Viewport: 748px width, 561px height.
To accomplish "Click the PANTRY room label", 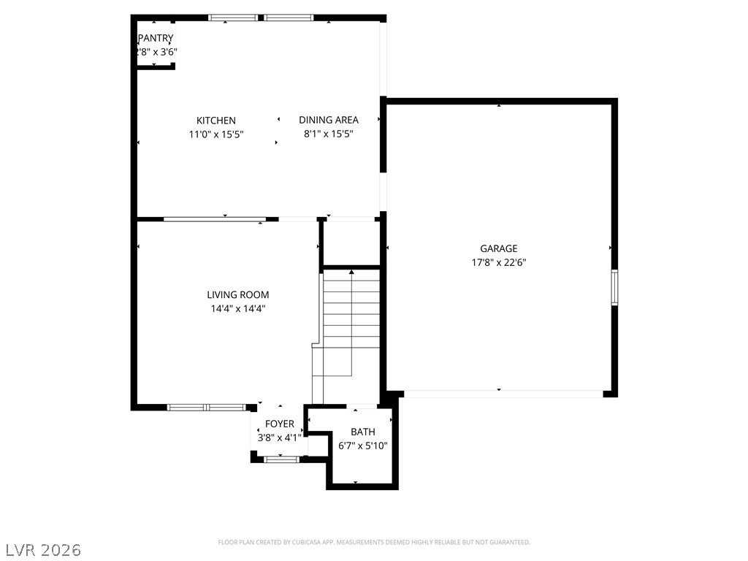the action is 156,38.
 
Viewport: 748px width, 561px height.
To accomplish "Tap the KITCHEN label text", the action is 216,121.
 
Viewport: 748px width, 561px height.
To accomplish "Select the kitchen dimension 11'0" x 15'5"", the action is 216,134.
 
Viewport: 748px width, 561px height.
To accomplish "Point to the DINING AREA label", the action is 329,121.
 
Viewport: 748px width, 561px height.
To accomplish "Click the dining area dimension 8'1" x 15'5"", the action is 329,134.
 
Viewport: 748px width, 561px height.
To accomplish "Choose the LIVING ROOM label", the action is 238,295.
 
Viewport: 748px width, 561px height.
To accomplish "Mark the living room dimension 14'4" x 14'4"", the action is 238,309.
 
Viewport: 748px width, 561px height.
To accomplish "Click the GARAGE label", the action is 498,248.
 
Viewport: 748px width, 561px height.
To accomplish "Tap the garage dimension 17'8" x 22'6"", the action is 498,262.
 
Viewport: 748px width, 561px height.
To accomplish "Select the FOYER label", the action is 280,424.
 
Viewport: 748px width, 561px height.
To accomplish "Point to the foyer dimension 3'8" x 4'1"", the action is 280,438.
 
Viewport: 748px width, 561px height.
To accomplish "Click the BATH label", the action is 362,432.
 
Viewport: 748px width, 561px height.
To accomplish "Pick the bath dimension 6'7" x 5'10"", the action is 362,446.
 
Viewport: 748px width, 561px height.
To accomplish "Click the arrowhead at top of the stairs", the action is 351,272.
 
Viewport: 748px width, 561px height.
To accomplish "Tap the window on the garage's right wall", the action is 615,287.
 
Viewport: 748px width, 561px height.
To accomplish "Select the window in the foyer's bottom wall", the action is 281,459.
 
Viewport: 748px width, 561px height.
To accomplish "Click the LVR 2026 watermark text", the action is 41,550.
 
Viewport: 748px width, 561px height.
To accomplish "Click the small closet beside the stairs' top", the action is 351,243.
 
